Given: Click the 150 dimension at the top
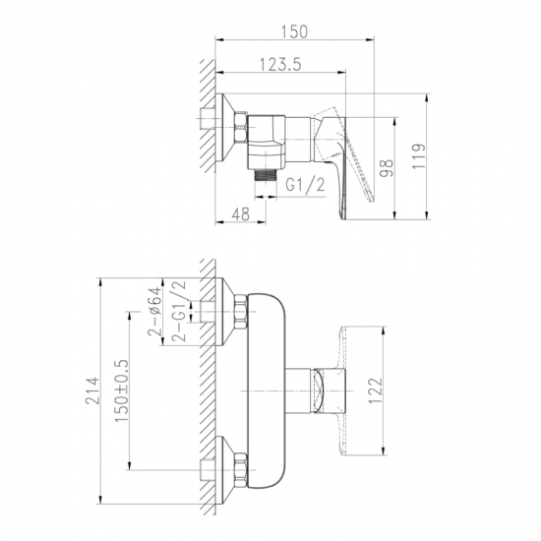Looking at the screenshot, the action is [x=294, y=31].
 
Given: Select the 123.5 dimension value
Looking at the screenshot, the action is [x=280, y=65].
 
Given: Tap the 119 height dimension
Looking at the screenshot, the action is [x=419, y=156].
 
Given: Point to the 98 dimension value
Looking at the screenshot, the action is [x=387, y=168].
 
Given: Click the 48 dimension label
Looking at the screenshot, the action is [x=240, y=213].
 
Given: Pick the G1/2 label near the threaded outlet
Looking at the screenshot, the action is [x=305, y=185].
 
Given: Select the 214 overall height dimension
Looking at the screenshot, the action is [x=92, y=391].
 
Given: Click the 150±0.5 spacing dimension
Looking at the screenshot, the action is [x=121, y=391].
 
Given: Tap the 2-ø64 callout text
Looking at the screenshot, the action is [x=154, y=312].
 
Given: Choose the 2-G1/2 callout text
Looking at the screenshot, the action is [x=179, y=311].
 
